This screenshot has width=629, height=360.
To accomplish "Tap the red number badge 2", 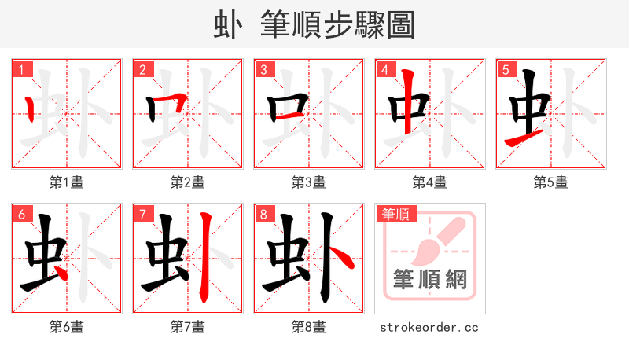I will point(142,69).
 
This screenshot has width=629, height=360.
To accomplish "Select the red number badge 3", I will point(263,69).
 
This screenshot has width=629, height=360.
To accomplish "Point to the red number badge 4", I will point(384,69).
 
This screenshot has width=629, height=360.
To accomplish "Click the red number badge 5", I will point(506,69).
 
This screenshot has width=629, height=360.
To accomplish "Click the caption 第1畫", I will point(67,182).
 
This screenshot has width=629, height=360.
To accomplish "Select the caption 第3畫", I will point(309,182).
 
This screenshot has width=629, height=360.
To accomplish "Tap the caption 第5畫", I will point(551,182).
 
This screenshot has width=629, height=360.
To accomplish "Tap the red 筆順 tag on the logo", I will point(395,214).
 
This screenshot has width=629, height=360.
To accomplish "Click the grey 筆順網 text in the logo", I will point(429,280).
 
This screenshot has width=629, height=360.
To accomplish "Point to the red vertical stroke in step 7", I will point(202,259).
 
